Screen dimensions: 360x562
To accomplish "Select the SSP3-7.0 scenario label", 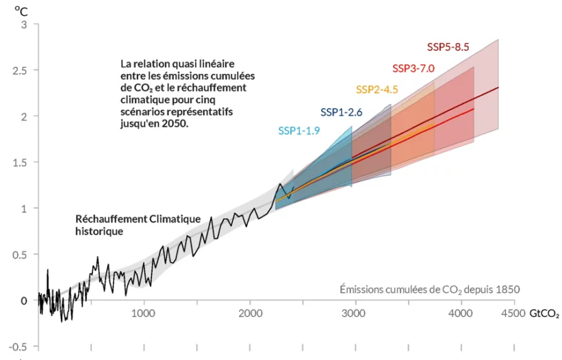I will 413,68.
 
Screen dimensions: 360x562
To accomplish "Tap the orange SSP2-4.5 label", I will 376,90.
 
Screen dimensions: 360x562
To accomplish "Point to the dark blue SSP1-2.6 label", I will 341,112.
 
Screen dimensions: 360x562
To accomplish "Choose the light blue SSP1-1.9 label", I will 299,131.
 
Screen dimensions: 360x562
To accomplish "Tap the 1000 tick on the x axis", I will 143,313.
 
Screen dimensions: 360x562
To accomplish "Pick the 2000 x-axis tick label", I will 249,313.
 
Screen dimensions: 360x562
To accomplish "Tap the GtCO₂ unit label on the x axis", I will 544,314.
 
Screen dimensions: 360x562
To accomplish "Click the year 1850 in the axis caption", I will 508,290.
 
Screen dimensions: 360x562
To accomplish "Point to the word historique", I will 99,231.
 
